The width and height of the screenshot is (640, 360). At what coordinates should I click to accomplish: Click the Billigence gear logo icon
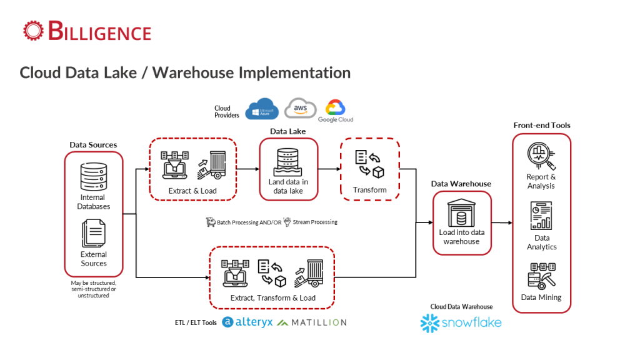pyautogui.click(x=33, y=31)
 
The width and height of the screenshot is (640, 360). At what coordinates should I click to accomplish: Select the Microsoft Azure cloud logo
pyautogui.click(x=262, y=109)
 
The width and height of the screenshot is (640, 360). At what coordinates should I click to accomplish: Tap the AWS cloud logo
pyautogui.click(x=301, y=108)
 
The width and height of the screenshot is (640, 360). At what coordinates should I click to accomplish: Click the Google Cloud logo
pyautogui.click(x=336, y=111)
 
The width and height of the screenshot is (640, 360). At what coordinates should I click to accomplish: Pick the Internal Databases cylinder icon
pyautogui.click(x=94, y=177)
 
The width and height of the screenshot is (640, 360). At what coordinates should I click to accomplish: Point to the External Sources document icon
pyautogui.click(x=94, y=233)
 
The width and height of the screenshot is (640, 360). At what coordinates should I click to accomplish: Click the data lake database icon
pyautogui.click(x=287, y=162)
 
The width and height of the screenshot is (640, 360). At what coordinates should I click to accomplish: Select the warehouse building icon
pyautogui.click(x=462, y=212)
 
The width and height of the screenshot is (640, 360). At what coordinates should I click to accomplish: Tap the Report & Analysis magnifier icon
pyautogui.click(x=541, y=156)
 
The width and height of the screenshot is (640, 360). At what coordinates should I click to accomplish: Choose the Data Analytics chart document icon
pyautogui.click(x=541, y=216)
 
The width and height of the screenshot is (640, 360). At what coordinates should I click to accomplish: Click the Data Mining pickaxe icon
pyautogui.click(x=542, y=276)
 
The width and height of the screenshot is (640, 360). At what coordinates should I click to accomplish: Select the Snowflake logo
pyautogui.click(x=461, y=323)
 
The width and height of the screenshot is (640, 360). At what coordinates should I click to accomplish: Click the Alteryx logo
pyautogui.click(x=247, y=322)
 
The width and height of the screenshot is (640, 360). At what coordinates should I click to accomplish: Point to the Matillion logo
pyautogui.click(x=312, y=322)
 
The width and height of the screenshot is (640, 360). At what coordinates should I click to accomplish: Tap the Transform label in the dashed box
pyautogui.click(x=370, y=190)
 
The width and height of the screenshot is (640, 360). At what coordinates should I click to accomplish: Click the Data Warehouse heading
pyautogui.click(x=461, y=184)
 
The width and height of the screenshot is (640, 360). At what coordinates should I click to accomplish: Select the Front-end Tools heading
pyautogui.click(x=542, y=125)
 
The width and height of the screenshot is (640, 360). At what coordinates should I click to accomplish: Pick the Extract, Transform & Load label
pyautogui.click(x=272, y=298)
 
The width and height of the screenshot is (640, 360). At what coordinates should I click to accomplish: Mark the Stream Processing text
pyautogui.click(x=315, y=222)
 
